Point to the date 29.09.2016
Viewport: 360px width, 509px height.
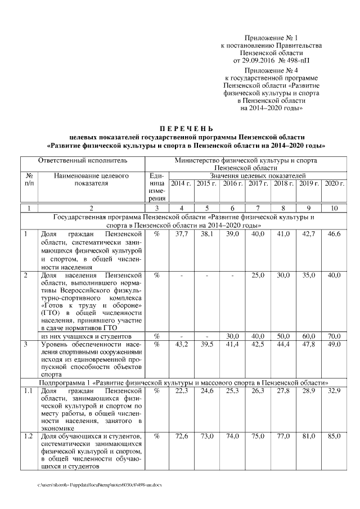pos(264,58)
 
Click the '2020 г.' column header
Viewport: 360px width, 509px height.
pos(335,184)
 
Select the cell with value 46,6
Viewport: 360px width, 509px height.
pos(335,233)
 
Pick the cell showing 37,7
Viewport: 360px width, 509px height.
pos(181,233)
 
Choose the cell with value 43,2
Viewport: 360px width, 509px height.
pos(181,343)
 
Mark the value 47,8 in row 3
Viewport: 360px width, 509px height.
pos(309,343)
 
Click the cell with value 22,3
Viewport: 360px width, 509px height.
pos(181,390)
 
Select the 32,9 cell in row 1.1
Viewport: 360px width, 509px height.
pos(335,390)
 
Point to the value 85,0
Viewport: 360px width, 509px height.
pos(335,436)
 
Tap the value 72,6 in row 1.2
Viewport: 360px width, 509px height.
pos(181,436)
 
